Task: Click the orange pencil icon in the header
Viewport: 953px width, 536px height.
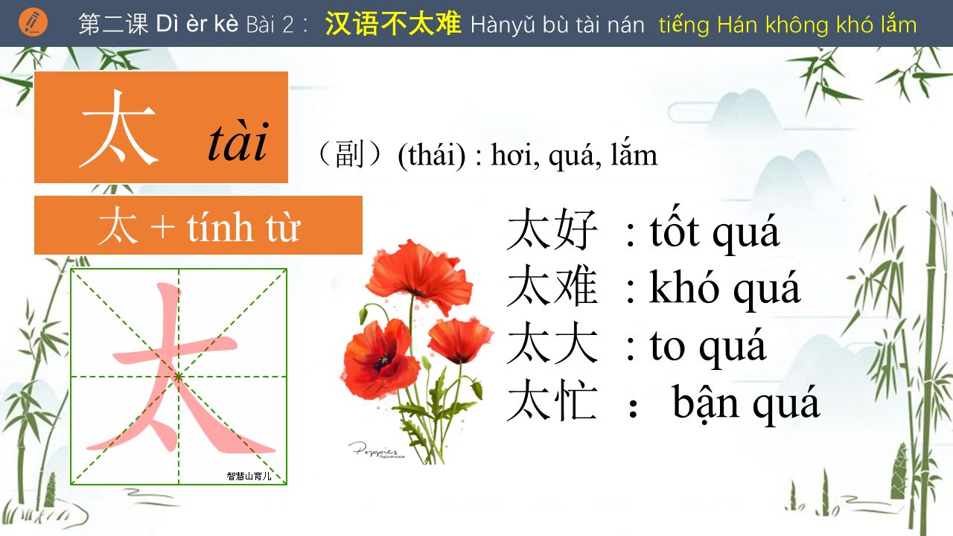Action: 34,22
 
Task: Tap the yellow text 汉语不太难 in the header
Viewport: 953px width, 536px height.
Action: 392,23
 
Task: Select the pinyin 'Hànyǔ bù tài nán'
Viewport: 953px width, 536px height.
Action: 558,25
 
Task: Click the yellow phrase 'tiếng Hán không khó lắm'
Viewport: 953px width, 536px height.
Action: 788,25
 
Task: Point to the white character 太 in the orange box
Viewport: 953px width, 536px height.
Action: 118,128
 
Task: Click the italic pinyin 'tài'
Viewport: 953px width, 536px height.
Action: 238,141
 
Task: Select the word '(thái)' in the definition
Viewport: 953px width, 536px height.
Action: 431,156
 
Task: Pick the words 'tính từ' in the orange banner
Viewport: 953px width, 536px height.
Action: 243,227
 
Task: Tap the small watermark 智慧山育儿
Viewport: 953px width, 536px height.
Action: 249,476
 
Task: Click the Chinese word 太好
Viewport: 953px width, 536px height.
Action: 552,229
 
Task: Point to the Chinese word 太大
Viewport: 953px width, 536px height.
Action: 552,342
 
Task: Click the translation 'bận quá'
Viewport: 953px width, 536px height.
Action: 746,403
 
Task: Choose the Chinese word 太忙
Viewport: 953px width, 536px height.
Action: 552,400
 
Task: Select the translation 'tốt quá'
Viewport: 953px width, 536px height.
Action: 715,231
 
